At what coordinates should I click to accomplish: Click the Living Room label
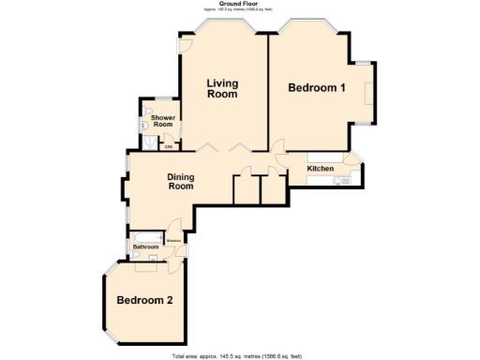222,89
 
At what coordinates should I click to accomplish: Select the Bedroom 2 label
144,301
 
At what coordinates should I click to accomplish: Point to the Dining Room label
180,182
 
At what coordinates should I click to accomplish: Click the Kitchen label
321,169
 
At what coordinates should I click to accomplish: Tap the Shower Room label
163,121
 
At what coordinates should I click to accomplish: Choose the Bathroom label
145,247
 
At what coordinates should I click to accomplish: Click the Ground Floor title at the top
239,4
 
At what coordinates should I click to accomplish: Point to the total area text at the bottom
237,356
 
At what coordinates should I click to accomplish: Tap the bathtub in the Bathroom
147,235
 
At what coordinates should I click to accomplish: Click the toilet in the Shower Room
143,122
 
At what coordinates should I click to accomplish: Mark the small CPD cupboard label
169,147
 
